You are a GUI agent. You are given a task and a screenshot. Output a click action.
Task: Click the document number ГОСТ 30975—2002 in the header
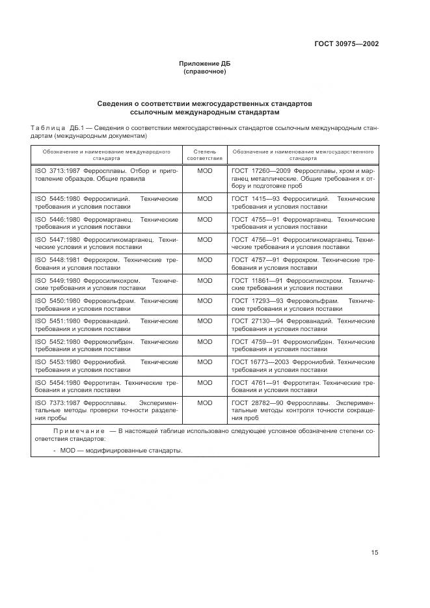coord(345,44)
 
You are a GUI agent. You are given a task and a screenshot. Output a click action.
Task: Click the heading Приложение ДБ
coord(205,64)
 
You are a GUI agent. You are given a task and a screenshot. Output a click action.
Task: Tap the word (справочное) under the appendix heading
coord(205,72)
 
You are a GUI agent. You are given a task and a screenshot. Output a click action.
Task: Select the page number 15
coord(375,553)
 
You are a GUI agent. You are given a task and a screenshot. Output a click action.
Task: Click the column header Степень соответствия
coord(205,155)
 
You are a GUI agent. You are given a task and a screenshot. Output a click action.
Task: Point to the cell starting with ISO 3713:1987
coord(105,174)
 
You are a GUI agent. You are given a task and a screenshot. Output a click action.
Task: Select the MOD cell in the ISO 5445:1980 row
coord(205,198)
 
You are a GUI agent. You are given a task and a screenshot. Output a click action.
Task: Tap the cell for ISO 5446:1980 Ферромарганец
coord(105,223)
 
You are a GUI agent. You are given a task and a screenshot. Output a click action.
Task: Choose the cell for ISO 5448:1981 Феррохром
coord(105,263)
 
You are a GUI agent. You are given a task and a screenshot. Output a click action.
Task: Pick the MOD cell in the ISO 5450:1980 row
coord(205,301)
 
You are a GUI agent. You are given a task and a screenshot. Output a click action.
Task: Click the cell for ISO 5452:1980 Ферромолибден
coord(105,345)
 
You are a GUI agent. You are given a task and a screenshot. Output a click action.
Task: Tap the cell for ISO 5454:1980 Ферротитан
coord(105,386)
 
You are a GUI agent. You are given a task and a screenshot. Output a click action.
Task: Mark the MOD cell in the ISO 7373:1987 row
coord(205,403)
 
